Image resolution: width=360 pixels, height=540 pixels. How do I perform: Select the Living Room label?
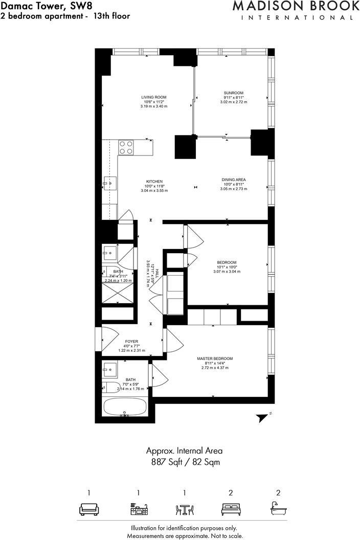coord(154,97)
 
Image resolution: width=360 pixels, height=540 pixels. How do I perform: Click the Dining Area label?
coord(234,179)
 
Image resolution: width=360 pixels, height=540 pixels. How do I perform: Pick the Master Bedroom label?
coord(215,358)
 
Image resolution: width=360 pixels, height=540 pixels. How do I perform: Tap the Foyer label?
coord(132,341)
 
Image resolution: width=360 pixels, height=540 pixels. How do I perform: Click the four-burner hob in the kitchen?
coord(126,147)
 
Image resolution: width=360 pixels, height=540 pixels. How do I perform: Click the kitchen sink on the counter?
coord(110,183)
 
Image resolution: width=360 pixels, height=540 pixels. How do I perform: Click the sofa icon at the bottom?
coord(88,509)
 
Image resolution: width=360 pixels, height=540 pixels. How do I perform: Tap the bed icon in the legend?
coord(231,509)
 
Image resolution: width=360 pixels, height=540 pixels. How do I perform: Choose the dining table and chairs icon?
coord(184,509)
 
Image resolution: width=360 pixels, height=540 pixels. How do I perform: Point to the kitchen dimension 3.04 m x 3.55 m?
coord(154,190)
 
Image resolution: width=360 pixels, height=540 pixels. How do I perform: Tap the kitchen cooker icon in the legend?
coord(139,509)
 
